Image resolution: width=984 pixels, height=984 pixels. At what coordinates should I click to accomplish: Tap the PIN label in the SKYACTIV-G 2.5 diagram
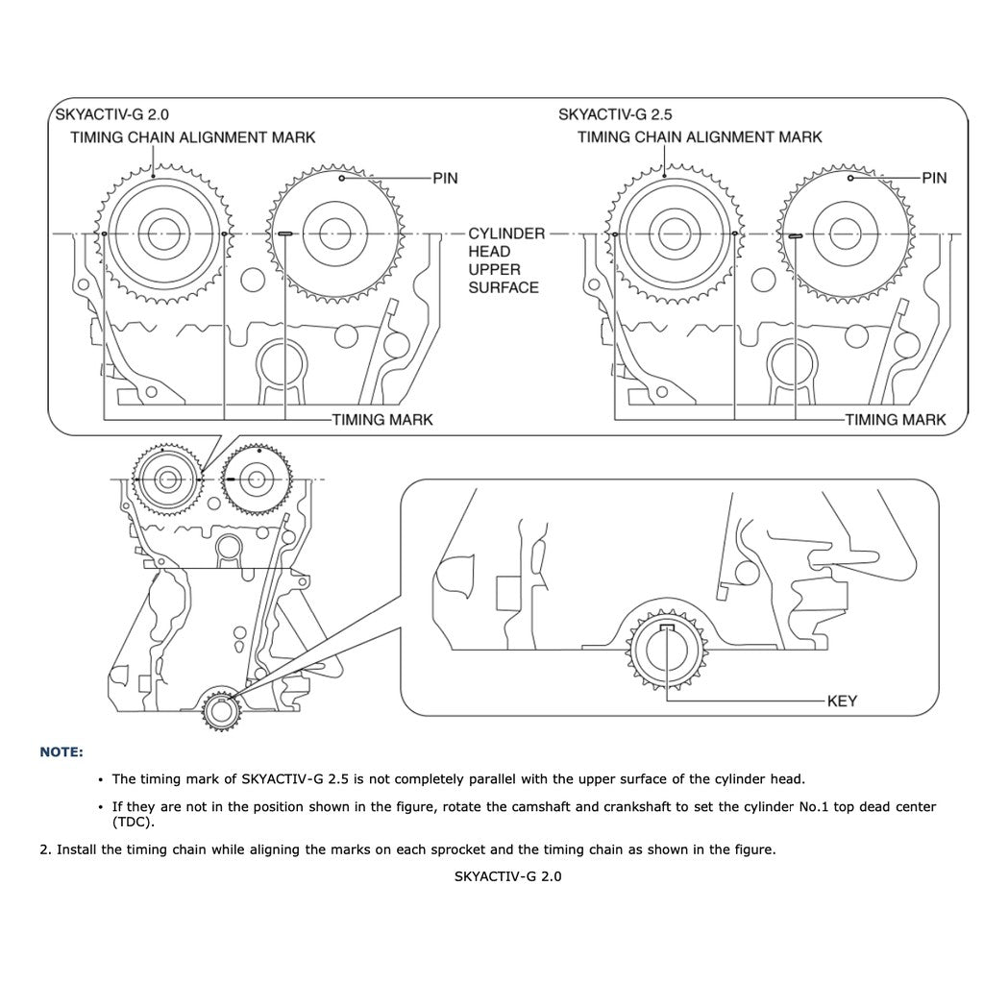934,178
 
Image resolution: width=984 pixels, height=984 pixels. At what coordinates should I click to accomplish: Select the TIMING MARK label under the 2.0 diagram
381,420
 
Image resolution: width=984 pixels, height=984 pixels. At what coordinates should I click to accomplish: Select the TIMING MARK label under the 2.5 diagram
895,420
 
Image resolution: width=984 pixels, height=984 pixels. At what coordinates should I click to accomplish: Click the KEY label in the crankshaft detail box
842,701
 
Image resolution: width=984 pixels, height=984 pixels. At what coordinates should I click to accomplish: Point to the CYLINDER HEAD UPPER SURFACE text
505,260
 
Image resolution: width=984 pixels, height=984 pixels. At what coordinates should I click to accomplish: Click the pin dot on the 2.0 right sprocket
341,178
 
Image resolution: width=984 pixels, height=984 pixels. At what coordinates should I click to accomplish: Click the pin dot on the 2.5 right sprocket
851,178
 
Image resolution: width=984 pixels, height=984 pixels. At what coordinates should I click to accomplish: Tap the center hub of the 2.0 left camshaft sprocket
160,233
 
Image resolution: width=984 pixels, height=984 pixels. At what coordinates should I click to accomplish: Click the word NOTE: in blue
61,751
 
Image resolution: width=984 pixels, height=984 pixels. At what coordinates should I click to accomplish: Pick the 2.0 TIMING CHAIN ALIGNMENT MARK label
192,137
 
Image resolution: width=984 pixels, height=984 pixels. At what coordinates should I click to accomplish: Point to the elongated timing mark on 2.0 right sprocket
285,234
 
